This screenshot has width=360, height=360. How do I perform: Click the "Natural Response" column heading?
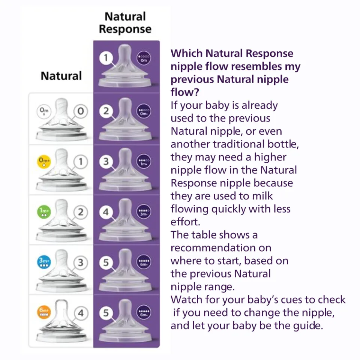pyautogui.click(x=125, y=23)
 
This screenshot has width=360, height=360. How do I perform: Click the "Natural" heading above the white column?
pyautogui.click(x=61, y=76)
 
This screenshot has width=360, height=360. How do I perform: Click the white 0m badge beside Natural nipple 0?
pyautogui.click(x=44, y=111)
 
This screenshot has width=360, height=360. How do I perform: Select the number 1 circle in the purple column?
pyautogui.click(x=106, y=58)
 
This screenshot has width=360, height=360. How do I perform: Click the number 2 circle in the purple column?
pyautogui.click(x=106, y=111)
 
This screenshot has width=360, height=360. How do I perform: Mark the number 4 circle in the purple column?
pyautogui.click(x=106, y=212)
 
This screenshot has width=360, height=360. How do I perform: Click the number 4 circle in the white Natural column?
pyautogui.click(x=81, y=312)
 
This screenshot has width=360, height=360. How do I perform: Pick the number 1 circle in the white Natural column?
pyautogui.click(x=81, y=162)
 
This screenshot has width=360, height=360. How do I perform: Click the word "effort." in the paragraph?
pyautogui.click(x=185, y=222)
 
